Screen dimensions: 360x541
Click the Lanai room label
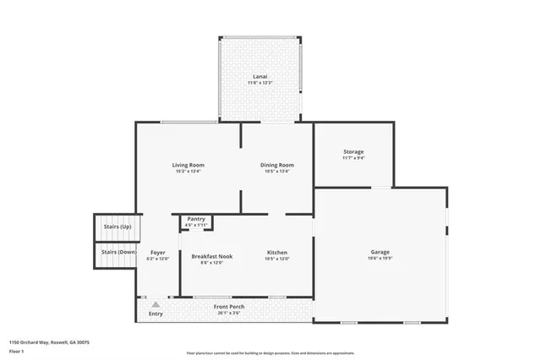point(260,75)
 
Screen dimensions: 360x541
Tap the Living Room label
point(189,165)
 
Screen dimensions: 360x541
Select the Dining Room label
point(276,165)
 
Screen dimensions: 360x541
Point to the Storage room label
point(353,152)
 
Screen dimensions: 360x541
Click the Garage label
point(380,252)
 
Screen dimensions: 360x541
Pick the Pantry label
point(196,219)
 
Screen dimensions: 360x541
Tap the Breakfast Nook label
point(211,255)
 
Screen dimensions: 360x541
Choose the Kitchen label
point(277,253)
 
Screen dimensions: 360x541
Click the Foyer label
point(157,253)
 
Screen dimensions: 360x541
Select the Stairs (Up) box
point(116,227)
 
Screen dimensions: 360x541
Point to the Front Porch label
point(228,305)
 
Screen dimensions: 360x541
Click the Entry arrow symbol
point(156,303)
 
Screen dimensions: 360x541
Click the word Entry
point(156,314)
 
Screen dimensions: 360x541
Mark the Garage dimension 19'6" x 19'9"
point(380,259)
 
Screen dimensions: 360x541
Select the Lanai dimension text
point(260,82)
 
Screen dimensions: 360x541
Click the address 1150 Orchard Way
point(49,342)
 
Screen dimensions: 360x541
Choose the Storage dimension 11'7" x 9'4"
point(353,158)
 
